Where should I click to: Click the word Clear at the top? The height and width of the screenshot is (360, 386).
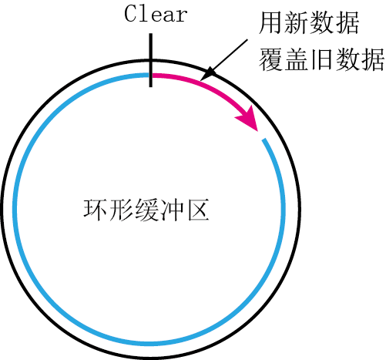pos(156,14)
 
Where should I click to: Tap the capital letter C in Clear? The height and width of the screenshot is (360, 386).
pos(130,14)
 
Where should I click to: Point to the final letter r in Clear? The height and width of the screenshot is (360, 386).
pos(182,16)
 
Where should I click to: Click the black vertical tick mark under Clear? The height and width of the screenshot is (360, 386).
pos(151,60)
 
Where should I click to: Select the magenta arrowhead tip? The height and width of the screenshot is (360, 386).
pos(257,131)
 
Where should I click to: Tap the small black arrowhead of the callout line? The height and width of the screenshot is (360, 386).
pos(206,74)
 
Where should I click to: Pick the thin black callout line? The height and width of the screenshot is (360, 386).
pos(224,60)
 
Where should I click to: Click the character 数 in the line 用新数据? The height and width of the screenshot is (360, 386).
pos(321,22)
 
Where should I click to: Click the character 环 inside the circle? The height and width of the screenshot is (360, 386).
pos(95,210)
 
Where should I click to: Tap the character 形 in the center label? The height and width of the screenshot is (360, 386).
pos(121,210)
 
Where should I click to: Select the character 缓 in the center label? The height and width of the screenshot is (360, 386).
pos(146,210)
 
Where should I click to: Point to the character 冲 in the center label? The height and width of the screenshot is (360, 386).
pos(172,210)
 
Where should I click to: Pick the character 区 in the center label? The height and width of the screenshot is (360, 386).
pos(198,210)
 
